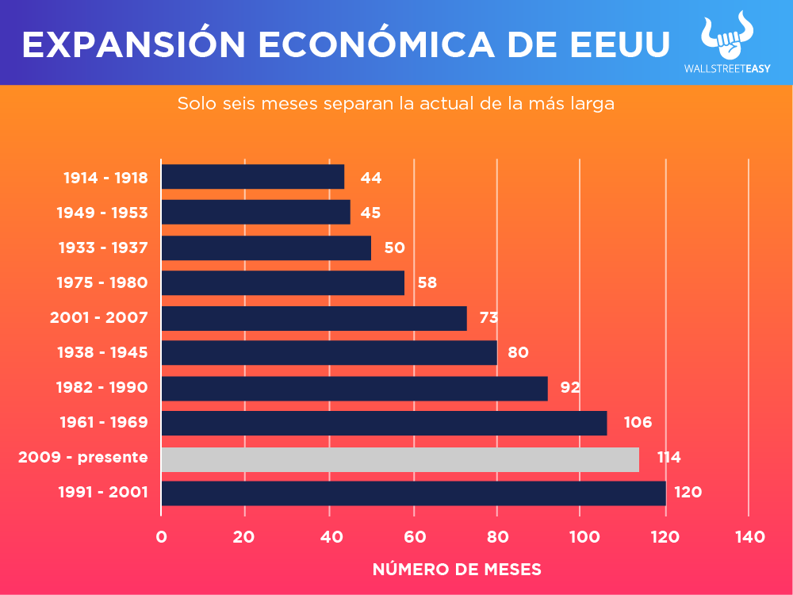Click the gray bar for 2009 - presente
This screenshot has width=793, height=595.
click(x=400, y=459)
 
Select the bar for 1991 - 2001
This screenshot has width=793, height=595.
click(x=413, y=493)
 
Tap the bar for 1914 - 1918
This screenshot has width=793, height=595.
click(x=252, y=177)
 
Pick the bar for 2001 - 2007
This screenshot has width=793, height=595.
click(x=313, y=318)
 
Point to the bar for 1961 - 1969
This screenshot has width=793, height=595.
click(x=384, y=423)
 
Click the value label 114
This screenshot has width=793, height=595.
click(x=668, y=458)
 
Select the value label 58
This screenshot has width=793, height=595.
click(x=427, y=282)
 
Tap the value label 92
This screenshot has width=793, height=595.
click(x=570, y=388)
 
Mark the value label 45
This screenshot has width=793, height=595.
click(x=370, y=213)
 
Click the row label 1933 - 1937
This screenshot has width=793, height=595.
click(x=103, y=248)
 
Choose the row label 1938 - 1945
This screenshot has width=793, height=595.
click(x=103, y=352)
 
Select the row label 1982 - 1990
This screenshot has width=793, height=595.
click(x=102, y=388)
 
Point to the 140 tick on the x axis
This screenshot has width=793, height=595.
click(x=749, y=537)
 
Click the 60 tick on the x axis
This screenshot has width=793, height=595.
click(x=413, y=537)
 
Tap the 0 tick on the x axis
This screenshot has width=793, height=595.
click(x=161, y=537)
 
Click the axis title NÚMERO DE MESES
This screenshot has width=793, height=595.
click(x=457, y=570)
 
